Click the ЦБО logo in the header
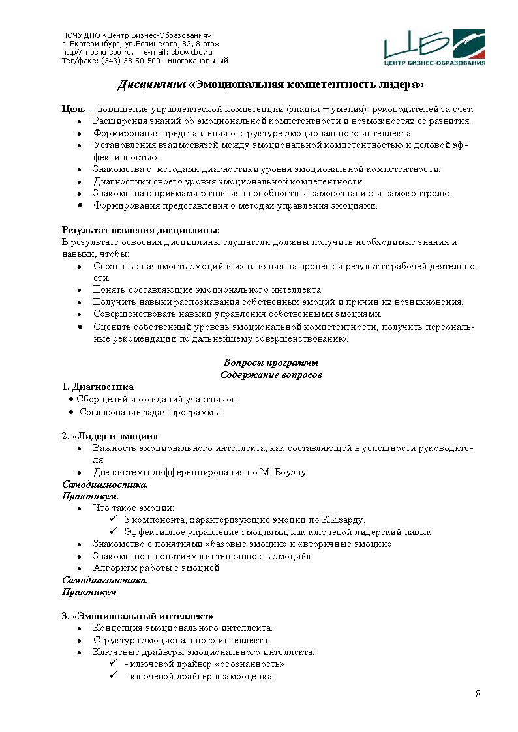tap(434, 48)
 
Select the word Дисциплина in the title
tap(151, 85)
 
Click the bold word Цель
tap(73, 109)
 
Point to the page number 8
tap(478, 694)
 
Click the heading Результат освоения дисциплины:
tap(141, 230)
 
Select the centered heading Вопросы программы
tap(271, 362)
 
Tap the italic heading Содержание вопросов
tap(271, 375)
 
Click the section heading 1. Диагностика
tap(98, 387)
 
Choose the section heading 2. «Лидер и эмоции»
tap(110, 435)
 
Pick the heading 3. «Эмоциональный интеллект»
tap(138, 615)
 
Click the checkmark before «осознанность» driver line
tap(113, 664)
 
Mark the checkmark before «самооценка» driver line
tap(113, 676)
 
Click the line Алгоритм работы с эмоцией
tap(157, 568)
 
